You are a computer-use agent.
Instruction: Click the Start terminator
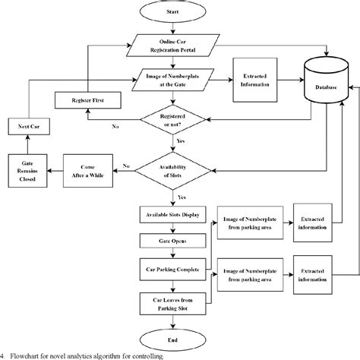click(x=174, y=12)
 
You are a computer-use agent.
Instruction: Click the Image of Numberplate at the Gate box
click(x=174, y=78)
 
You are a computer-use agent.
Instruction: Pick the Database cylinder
click(x=327, y=85)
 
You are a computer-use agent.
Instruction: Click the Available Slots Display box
click(x=174, y=215)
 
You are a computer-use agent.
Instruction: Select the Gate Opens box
click(x=174, y=241)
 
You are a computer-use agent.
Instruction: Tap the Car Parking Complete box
click(x=174, y=268)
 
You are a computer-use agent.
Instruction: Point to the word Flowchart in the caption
click(x=27, y=354)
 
